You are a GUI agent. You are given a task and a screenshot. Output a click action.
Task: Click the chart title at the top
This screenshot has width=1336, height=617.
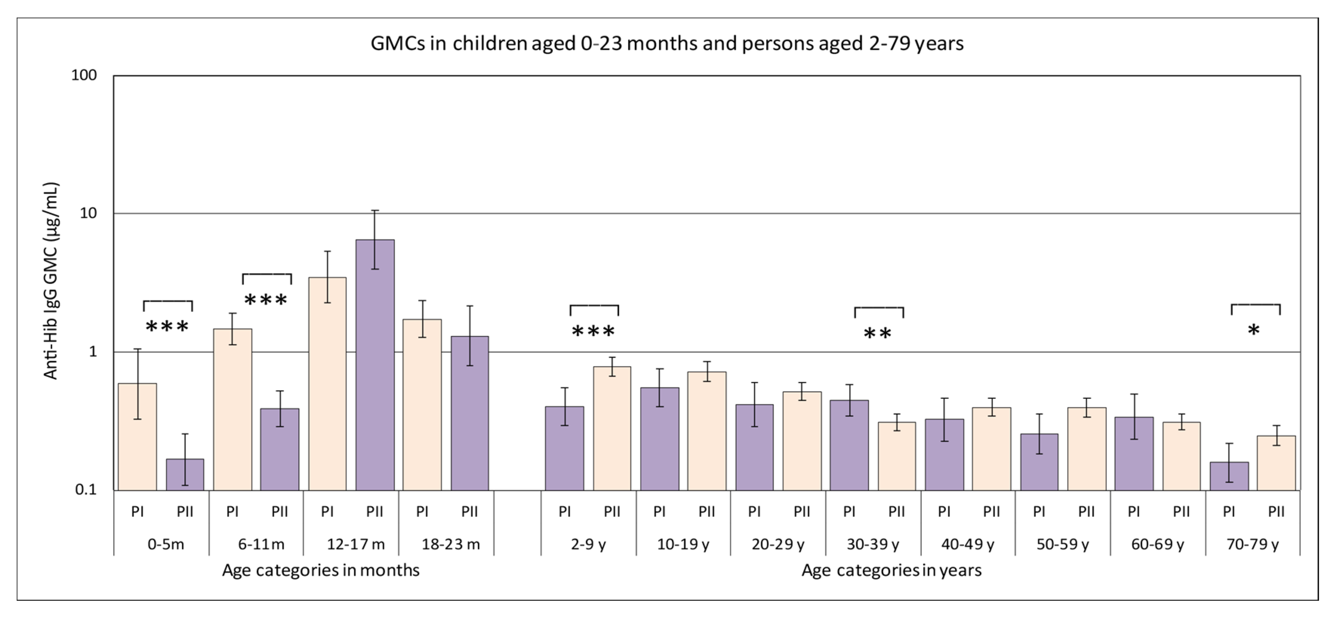coord(667,43)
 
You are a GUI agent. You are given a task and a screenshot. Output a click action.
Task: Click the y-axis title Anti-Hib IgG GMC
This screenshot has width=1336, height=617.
coord(51,281)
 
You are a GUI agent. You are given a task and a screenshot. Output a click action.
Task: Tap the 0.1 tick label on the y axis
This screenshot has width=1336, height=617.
coord(86,489)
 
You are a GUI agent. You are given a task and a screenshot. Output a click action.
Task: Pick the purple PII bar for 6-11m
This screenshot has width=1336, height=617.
coord(280,449)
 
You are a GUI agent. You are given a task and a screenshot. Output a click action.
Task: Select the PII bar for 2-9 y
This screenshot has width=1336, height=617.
coord(612,429)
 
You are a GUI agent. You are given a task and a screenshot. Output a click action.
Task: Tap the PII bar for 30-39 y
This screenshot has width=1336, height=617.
coord(896,456)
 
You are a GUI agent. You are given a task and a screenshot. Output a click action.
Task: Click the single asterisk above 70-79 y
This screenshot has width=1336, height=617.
coord(1253,330)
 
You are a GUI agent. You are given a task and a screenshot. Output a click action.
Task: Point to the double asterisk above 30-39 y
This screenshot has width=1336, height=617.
coord(877,334)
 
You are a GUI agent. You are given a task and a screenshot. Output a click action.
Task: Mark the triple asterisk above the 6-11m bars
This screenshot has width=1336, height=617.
coord(266,300)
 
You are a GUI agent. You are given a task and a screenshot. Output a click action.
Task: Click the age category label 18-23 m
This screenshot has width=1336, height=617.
coord(450,545)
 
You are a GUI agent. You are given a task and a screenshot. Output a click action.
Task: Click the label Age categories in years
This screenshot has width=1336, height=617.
coord(891,570)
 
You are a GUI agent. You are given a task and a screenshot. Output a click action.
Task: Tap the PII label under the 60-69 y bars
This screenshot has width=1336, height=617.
coord(1181,512)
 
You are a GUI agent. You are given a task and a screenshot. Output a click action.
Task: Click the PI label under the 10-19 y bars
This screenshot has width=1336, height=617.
coord(659,512)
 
